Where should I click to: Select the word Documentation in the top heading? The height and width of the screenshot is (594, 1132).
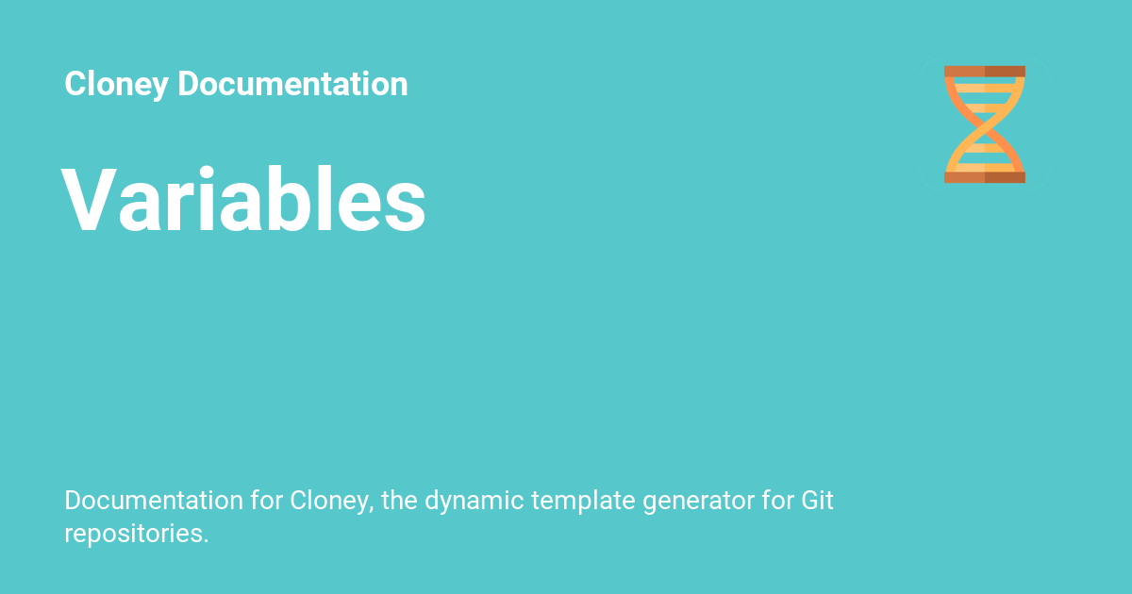tap(292, 85)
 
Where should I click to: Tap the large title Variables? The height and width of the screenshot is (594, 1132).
tap(244, 201)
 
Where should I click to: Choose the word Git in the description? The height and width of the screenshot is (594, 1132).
tap(817, 501)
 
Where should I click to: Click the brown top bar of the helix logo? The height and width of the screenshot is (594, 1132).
tap(984, 72)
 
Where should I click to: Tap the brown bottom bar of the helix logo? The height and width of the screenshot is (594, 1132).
tap(984, 176)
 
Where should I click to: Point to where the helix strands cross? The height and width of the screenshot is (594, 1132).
tap(985, 124)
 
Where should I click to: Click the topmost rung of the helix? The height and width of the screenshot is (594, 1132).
tap(984, 83)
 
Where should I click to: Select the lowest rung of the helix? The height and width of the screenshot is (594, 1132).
tap(984, 165)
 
